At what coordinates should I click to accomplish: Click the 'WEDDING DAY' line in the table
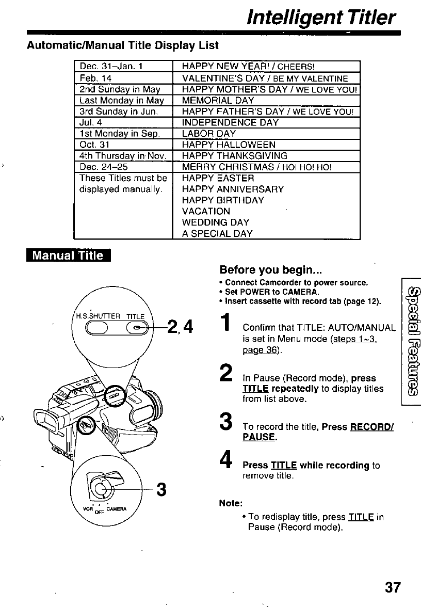(x=216, y=222)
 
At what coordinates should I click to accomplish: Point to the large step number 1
(x=226, y=323)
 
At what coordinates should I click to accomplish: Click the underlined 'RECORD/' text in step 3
(x=372, y=427)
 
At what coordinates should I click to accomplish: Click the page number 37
(x=392, y=587)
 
